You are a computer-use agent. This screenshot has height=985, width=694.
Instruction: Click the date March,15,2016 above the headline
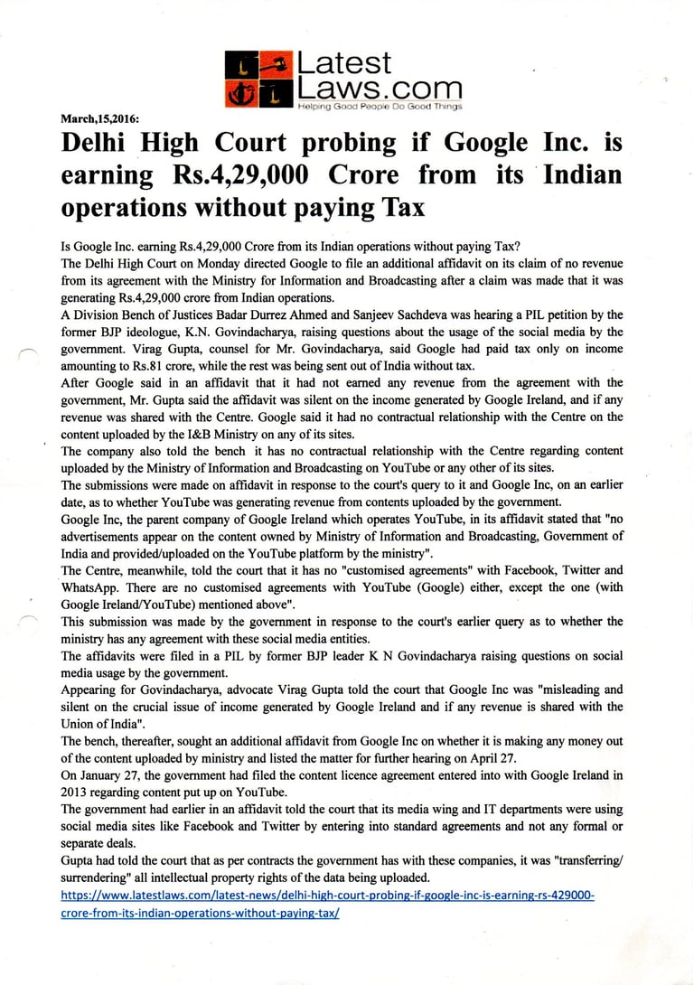pos(99,117)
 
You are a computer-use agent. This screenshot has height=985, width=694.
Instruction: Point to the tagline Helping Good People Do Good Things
pos(380,107)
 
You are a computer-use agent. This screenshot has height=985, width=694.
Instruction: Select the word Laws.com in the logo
pos(379,89)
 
